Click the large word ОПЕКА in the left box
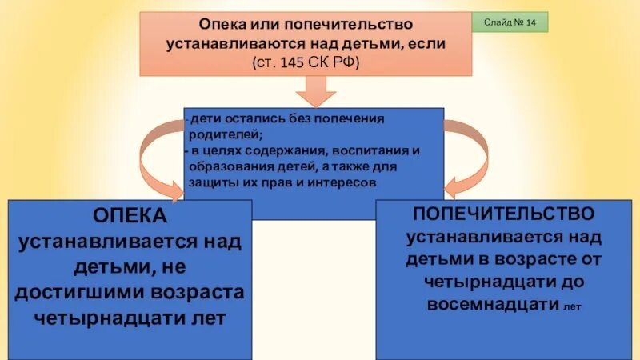tap(129, 217)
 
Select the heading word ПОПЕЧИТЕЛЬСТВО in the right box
tap(503, 215)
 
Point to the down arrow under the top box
tap(312, 95)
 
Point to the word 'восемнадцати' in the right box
tap(492, 305)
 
